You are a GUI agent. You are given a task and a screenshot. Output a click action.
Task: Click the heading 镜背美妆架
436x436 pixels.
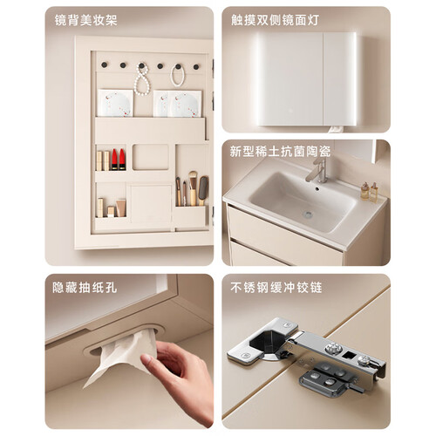coord(86,20)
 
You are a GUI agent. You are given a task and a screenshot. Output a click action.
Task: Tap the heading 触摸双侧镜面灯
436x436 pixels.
coord(275,20)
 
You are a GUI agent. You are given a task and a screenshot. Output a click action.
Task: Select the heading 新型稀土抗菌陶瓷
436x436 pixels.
coord(280,151)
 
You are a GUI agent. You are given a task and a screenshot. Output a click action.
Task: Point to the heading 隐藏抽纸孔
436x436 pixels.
coord(85,288)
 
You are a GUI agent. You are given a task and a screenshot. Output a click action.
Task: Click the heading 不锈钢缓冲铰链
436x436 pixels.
coord(276,288)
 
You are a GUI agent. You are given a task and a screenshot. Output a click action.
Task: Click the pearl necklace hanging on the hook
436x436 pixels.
coord(142,79)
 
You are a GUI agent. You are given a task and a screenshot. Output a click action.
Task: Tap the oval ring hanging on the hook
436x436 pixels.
coord(177,75)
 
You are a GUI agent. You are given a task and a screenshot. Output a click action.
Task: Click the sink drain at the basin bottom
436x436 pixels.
coord(307,215)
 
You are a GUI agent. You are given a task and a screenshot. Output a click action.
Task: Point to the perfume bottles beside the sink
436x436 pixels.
coord(369,192)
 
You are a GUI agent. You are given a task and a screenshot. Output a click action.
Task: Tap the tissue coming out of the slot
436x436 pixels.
coord(122,358)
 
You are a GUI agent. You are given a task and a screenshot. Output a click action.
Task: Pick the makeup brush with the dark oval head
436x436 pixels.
coord(203,190)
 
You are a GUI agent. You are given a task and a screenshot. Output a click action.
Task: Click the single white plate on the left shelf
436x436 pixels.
coord(115,103)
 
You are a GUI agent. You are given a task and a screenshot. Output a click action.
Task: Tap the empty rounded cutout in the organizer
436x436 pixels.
coord(151,157)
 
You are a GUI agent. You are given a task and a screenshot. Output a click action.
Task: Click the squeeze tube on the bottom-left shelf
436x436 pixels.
coord(121,208)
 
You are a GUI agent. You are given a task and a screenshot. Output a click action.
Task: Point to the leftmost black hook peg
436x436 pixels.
coord(104,65)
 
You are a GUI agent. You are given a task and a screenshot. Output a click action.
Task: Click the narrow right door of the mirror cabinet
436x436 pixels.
coord(339,78)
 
